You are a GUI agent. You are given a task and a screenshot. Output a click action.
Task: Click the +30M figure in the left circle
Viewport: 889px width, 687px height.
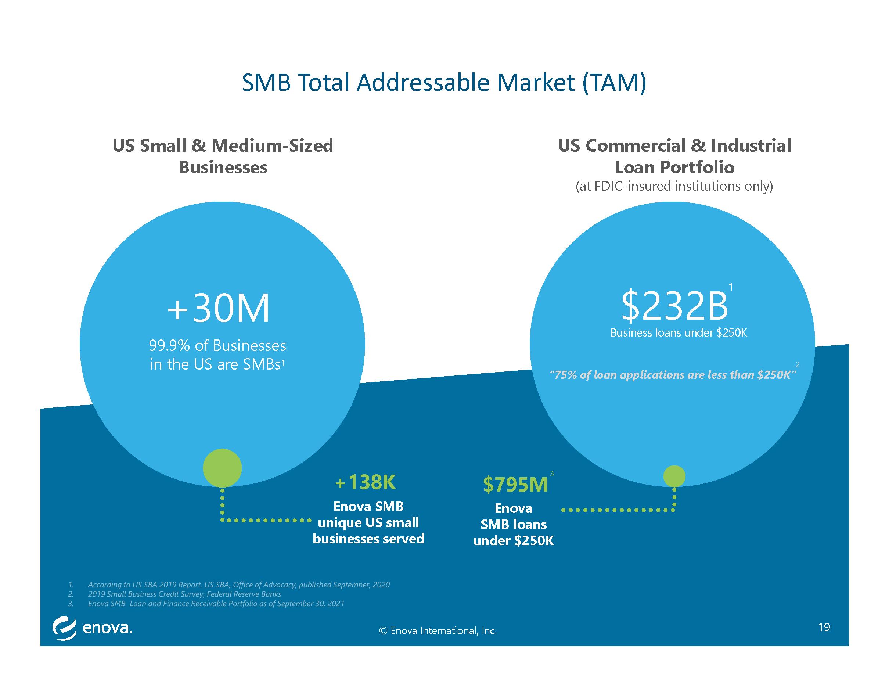[219, 308]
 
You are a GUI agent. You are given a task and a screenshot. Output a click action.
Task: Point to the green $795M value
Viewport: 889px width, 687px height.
[515, 485]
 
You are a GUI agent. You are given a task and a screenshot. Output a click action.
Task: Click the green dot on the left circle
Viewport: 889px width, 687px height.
[222, 468]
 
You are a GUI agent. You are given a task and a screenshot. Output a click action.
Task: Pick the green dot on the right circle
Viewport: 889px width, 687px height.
[674, 476]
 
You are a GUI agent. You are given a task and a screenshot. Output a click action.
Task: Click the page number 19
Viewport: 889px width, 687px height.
[824, 627]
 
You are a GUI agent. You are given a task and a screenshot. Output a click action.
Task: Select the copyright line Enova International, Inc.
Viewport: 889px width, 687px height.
[438, 631]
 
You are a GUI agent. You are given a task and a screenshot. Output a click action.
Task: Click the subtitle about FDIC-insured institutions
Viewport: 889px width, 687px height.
[674, 186]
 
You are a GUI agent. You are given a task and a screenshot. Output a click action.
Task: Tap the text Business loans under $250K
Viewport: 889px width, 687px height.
[679, 333]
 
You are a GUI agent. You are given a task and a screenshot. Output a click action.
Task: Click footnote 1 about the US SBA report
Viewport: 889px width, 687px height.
[238, 585]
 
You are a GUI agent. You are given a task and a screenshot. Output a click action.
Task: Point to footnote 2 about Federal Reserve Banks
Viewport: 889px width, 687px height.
[184, 594]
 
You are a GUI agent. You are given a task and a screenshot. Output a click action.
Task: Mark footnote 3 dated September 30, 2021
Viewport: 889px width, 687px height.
[216, 603]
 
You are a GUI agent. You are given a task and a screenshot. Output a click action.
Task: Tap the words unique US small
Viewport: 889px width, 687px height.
[368, 522]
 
